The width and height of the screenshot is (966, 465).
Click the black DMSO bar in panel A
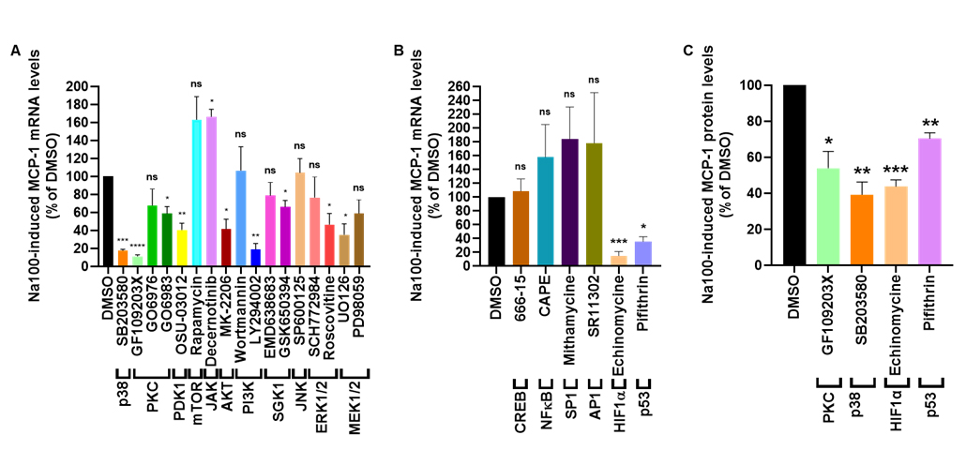click(108, 220)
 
